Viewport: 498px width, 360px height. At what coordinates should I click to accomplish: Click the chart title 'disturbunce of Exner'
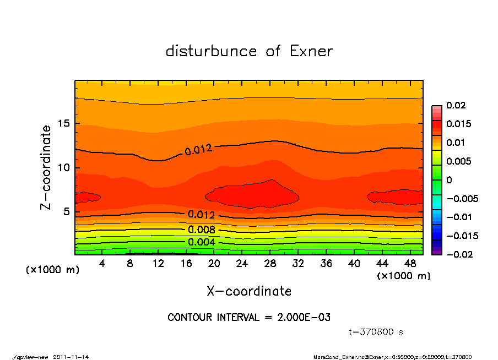(x=249, y=52)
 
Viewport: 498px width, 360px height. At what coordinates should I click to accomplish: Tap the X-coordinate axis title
(x=249, y=291)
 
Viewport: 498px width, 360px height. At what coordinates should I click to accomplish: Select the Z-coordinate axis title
(x=46, y=167)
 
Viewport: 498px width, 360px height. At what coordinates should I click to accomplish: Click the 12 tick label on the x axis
(x=158, y=264)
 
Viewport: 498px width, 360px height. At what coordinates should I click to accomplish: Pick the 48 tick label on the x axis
(x=410, y=264)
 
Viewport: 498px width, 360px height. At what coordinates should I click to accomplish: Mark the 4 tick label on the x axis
(x=102, y=264)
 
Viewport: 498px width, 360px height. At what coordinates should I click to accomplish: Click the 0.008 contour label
(x=202, y=230)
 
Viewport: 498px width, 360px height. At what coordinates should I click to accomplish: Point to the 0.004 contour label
(x=202, y=242)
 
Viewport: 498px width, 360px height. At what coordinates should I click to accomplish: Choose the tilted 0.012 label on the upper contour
(x=198, y=149)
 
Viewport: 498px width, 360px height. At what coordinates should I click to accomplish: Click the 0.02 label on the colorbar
(x=455, y=105)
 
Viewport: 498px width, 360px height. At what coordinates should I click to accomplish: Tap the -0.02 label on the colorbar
(x=457, y=254)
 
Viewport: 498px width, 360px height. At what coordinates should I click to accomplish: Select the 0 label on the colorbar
(x=449, y=180)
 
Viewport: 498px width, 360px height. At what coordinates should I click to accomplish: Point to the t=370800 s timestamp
(x=377, y=332)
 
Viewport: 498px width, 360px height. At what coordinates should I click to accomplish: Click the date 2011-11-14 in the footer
(x=71, y=357)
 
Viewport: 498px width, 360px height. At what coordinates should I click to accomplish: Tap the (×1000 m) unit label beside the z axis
(x=52, y=270)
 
